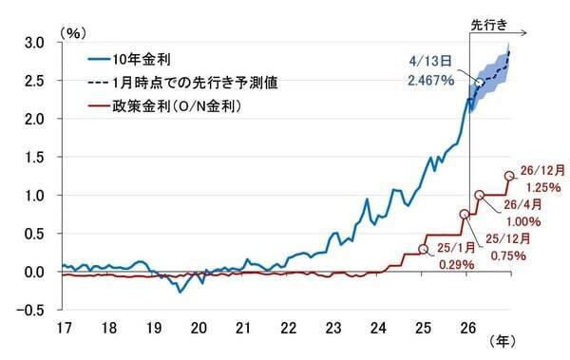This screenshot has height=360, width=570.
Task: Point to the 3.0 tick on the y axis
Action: [34, 43]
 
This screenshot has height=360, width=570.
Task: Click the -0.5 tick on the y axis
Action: [32, 311]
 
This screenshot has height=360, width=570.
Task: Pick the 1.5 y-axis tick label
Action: [34, 158]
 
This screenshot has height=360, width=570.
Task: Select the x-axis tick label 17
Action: [64, 329]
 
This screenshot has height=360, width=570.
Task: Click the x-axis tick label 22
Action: [287, 329]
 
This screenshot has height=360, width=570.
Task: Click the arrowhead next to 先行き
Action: [535, 33]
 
